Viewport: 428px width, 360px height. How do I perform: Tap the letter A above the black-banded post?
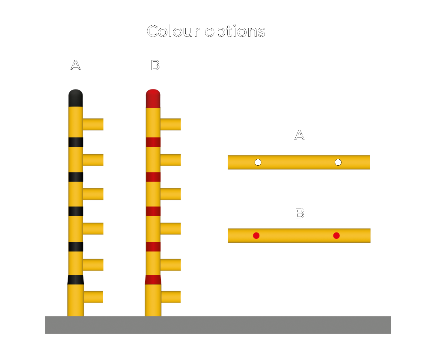pos(75,65)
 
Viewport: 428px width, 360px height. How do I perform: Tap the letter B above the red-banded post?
pos(155,65)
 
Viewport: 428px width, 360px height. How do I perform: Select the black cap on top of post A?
pos(75,98)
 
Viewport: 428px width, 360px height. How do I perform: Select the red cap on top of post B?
pos(153,98)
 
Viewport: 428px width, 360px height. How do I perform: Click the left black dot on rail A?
pos(258,162)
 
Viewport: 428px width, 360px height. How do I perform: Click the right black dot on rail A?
pos(338,162)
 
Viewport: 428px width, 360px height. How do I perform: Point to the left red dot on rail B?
pos(256,235)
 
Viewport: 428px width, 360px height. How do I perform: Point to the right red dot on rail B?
pos(336,235)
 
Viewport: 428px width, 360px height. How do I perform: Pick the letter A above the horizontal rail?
pos(300,136)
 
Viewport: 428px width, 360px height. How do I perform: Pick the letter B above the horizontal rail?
pos(300,214)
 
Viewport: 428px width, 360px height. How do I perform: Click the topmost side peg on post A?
pos(93,125)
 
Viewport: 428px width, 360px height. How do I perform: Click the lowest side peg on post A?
pos(93,297)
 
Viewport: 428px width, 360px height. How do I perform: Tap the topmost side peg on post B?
pos(170,125)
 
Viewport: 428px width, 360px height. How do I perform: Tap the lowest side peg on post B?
pos(170,297)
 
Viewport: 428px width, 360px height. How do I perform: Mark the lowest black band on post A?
pos(75,280)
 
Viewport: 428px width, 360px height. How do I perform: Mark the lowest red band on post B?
pos(153,280)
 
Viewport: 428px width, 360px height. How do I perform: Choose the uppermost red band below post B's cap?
pos(153,142)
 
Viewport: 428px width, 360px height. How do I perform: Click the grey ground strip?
pos(218,325)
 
